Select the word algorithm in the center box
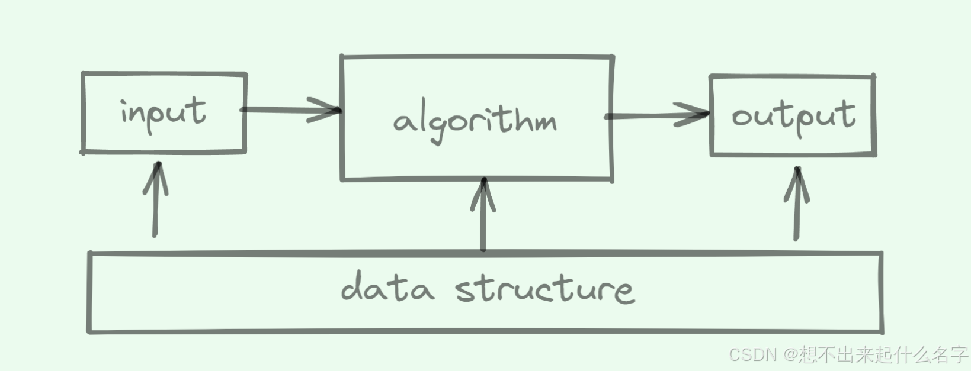(475, 121)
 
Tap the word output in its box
(793, 115)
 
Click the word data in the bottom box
(387, 288)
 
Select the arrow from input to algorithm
(290, 110)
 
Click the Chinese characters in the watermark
(883, 354)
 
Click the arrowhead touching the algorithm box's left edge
(326, 110)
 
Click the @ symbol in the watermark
(790, 354)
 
